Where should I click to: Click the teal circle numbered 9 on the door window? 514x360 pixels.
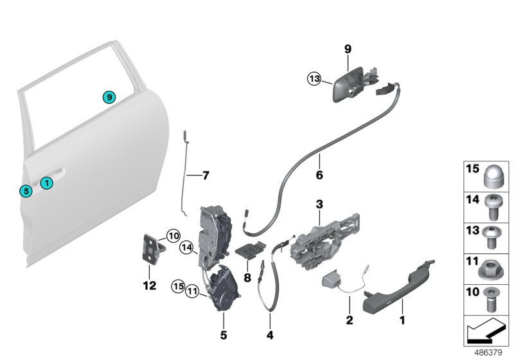[110, 97]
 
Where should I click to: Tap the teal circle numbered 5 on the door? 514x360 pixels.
[25, 190]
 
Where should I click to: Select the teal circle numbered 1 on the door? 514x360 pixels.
[46, 183]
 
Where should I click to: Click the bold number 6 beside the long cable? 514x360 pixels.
[319, 174]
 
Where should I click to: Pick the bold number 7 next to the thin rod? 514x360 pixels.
[206, 175]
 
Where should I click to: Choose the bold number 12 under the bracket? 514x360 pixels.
[150, 286]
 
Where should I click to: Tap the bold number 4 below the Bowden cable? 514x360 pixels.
[270, 336]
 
